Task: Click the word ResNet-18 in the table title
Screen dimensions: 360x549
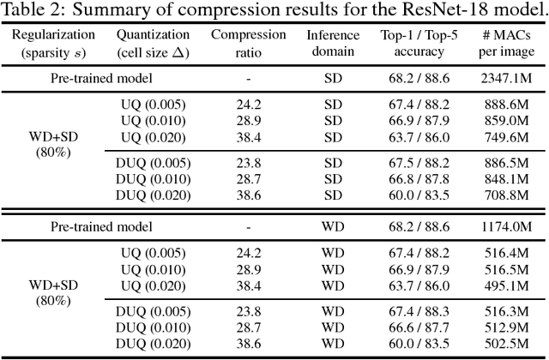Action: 446,10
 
